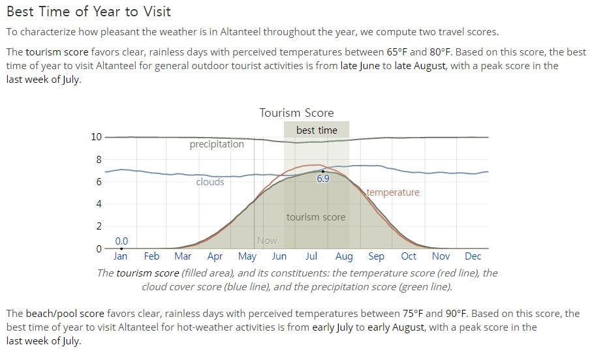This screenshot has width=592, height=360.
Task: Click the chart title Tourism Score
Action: [x=296, y=112]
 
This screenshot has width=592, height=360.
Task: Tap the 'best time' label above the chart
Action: [x=317, y=130]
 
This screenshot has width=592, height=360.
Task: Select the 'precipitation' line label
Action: [x=217, y=144]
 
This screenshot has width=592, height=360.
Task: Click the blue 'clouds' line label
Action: [x=210, y=182]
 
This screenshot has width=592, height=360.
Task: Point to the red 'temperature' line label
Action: [x=393, y=192]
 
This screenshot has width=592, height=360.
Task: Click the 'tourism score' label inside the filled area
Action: [x=316, y=217]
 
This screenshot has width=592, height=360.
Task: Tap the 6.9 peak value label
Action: [x=323, y=179]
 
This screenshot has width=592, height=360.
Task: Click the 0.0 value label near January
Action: [x=121, y=241]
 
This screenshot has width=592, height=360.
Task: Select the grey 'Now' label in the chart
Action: [x=267, y=241]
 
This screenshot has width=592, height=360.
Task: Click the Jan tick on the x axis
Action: [x=121, y=256]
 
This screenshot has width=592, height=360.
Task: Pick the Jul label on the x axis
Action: [x=311, y=256]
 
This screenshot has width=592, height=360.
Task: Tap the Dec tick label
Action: [x=473, y=256]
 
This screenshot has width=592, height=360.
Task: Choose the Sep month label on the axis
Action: [x=376, y=256]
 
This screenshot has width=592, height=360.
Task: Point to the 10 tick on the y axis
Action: [x=97, y=137]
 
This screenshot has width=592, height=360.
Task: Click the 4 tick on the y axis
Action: [x=99, y=203]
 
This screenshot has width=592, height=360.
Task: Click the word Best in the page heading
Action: [x=20, y=11]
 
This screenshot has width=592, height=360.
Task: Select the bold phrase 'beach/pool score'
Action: [x=65, y=314]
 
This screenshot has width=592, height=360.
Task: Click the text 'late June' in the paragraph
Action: [x=360, y=66]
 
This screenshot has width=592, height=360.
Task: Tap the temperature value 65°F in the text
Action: [x=397, y=52]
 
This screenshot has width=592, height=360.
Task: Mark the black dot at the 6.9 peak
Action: [x=323, y=172]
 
